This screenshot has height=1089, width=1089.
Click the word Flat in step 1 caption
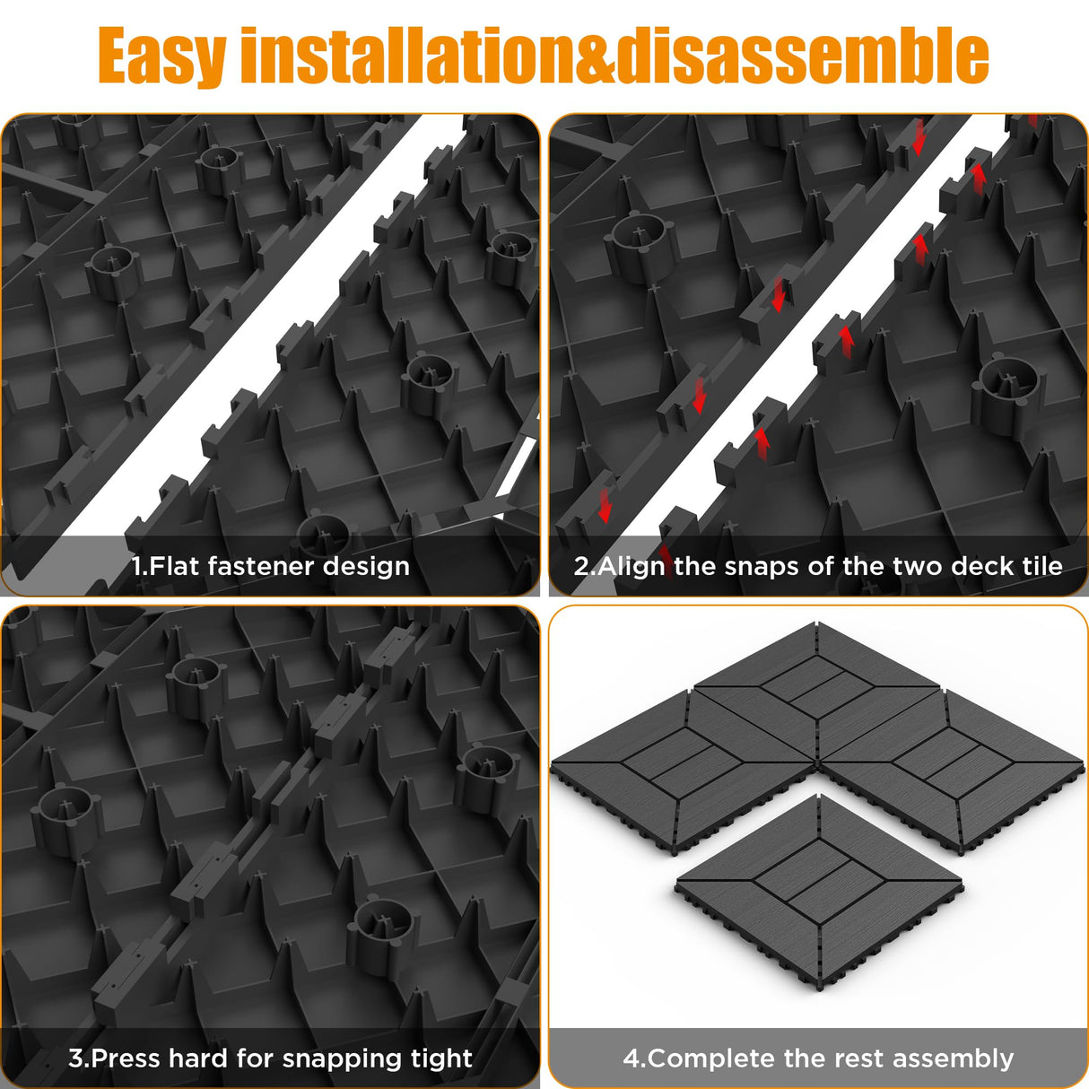coord(174,566)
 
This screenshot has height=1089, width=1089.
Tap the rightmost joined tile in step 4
coord(951,762)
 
